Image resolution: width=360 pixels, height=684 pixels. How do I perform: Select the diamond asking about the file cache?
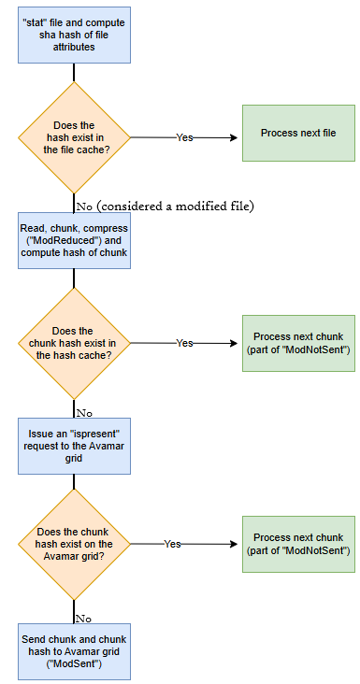pos(74,137)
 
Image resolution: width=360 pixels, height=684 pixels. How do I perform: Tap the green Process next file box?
pos(298,134)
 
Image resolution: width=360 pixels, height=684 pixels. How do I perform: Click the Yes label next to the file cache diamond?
pos(185,137)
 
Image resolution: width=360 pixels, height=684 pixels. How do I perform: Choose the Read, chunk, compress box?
pos(74,240)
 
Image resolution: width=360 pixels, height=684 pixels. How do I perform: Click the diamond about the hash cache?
pos(74,343)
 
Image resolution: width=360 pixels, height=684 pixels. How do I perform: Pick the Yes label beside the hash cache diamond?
pos(185,343)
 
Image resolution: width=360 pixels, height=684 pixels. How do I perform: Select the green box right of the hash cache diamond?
pos(298,343)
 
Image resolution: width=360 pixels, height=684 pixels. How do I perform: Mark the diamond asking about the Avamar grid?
pos(74,544)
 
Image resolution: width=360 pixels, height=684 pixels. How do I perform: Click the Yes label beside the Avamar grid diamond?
pos(173,543)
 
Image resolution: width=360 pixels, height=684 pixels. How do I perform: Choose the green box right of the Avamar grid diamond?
pos(298,544)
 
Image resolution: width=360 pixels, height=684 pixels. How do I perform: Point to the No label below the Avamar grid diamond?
pos(83,618)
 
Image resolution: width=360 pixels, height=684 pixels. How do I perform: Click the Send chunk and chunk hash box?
pos(74,650)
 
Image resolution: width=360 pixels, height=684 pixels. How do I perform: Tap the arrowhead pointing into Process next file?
pos(234,137)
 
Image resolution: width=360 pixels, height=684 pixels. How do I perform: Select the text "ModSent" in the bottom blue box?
pos(74,663)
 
